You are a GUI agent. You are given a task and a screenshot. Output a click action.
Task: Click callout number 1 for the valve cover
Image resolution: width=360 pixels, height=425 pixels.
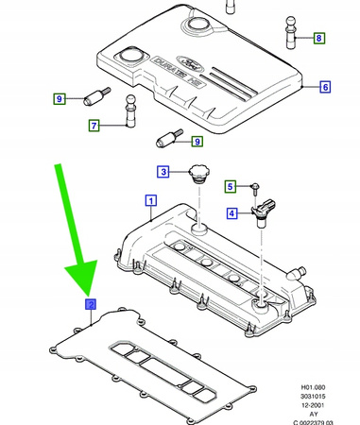tap(149, 199)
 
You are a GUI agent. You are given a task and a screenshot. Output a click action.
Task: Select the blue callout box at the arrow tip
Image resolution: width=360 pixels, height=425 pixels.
tap(90, 303)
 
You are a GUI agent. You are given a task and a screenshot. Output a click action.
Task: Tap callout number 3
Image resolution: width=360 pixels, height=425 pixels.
tap(163, 171)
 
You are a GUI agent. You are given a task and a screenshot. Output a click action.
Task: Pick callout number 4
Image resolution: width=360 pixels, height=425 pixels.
tap(231, 213)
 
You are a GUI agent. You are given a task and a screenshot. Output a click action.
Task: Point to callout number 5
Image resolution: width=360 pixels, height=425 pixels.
tap(231, 187)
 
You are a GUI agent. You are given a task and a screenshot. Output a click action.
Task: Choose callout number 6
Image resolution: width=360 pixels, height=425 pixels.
tap(324, 88)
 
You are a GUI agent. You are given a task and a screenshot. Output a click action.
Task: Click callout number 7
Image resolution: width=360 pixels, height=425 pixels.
tap(94, 125)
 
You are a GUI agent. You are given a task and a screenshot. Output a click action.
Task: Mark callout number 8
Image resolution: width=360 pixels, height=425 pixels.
tap(318, 39)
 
